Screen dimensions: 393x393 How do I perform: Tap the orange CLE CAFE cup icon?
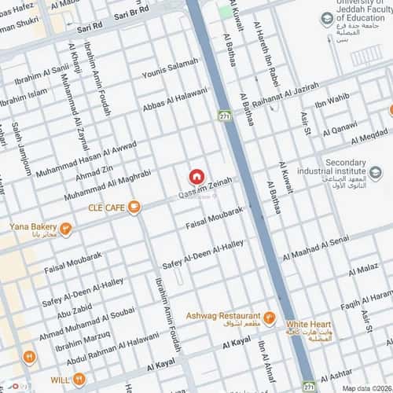click(x=134, y=207)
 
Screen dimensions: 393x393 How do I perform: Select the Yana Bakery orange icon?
click(x=66, y=230)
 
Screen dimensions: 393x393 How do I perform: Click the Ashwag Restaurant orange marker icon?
click(x=269, y=318)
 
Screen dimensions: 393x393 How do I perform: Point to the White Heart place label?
click(x=308, y=324)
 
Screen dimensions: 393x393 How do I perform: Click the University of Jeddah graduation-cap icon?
click(x=325, y=19)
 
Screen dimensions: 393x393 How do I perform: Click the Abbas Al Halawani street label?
click(x=174, y=101)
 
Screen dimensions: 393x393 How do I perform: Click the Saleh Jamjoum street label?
click(x=21, y=149)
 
